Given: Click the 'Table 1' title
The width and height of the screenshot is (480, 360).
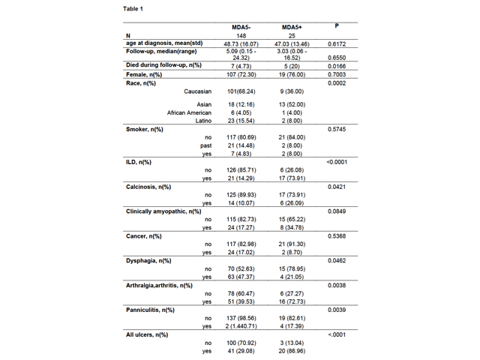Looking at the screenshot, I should click(x=133, y=9).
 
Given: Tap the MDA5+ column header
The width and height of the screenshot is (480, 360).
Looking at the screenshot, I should click(x=292, y=27).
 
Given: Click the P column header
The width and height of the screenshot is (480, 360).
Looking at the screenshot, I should click(x=337, y=26).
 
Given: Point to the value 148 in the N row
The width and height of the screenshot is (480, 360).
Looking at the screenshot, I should click(x=241, y=35).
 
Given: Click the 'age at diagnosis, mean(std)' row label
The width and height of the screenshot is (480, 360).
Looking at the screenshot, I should click(x=164, y=43).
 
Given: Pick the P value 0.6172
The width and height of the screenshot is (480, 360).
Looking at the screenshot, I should click(x=337, y=44).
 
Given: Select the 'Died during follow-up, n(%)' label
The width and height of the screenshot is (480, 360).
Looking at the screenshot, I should click(x=163, y=65).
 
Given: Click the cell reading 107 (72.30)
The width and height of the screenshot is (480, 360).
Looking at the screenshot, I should click(x=241, y=75).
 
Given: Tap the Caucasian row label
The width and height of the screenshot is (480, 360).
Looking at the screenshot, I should click(x=197, y=91).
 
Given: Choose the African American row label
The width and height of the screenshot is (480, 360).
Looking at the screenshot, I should click(x=189, y=112).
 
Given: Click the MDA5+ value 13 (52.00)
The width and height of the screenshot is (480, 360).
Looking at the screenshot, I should click(x=292, y=104).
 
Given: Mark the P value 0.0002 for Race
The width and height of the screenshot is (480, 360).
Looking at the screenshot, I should click(x=337, y=83).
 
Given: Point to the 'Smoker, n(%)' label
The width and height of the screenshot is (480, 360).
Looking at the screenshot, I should click(x=145, y=129).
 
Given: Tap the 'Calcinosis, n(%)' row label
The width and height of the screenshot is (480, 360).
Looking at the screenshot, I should click(x=148, y=187).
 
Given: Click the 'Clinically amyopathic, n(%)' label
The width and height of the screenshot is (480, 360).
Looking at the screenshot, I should click(x=163, y=211).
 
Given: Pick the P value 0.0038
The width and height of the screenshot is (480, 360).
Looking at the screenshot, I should click(x=337, y=286).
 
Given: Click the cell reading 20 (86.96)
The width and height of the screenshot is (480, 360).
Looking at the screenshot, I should click(x=292, y=351).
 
